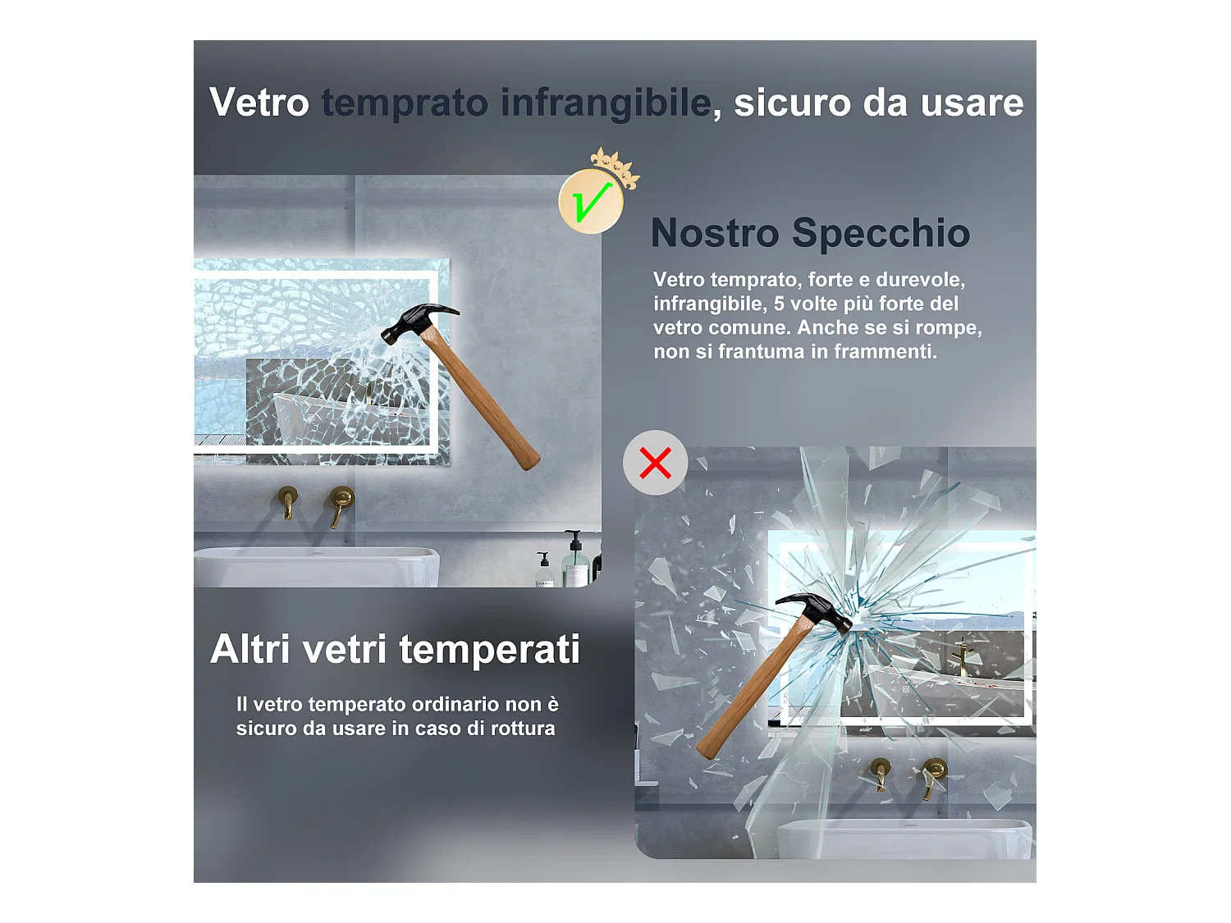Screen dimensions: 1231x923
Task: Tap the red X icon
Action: pos(655,463)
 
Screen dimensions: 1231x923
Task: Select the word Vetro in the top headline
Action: pos(259,103)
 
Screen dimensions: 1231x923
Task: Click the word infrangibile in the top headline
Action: pos(606,103)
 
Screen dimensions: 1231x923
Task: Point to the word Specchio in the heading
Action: pos(881,234)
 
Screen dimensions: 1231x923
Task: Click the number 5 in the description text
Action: pos(779,304)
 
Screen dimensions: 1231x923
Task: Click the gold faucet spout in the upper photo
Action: pos(288,502)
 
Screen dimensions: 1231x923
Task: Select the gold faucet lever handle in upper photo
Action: pos(341,505)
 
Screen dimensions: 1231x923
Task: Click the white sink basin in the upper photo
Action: pos(316,567)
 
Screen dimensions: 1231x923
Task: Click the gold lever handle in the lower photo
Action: pos(932,777)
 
